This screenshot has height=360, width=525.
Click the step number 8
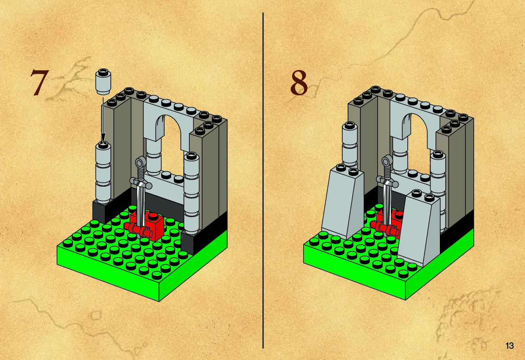299,82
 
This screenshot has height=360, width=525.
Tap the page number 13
510,345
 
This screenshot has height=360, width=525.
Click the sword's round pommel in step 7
140,163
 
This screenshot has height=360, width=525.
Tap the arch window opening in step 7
171,147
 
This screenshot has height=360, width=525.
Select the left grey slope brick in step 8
342,202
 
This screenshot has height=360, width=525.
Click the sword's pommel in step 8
388,161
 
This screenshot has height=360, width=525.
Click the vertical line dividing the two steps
263,181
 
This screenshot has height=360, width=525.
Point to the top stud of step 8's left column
349,126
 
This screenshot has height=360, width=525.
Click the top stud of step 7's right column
191,156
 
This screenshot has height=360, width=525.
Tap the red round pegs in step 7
138,230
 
